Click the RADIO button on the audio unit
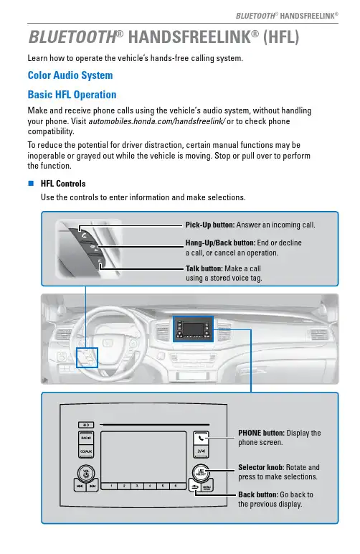(86, 438)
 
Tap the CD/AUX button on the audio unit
(86, 451)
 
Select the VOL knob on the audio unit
(86, 473)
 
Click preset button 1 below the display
(111, 486)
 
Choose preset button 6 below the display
(176, 486)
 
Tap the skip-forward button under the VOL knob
(93, 486)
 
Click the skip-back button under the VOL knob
(80, 486)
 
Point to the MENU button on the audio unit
(207, 487)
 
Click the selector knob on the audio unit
(201, 472)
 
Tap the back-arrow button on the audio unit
(195, 487)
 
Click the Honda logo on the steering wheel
(108, 342)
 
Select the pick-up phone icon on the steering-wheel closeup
(83, 234)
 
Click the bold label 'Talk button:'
(204, 268)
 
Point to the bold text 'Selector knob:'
(261, 467)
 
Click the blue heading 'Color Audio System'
(70, 75)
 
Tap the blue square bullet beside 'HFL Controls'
(31, 183)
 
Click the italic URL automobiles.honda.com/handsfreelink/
(157, 121)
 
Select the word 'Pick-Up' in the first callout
(199, 225)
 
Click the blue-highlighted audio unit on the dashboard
(193, 329)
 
